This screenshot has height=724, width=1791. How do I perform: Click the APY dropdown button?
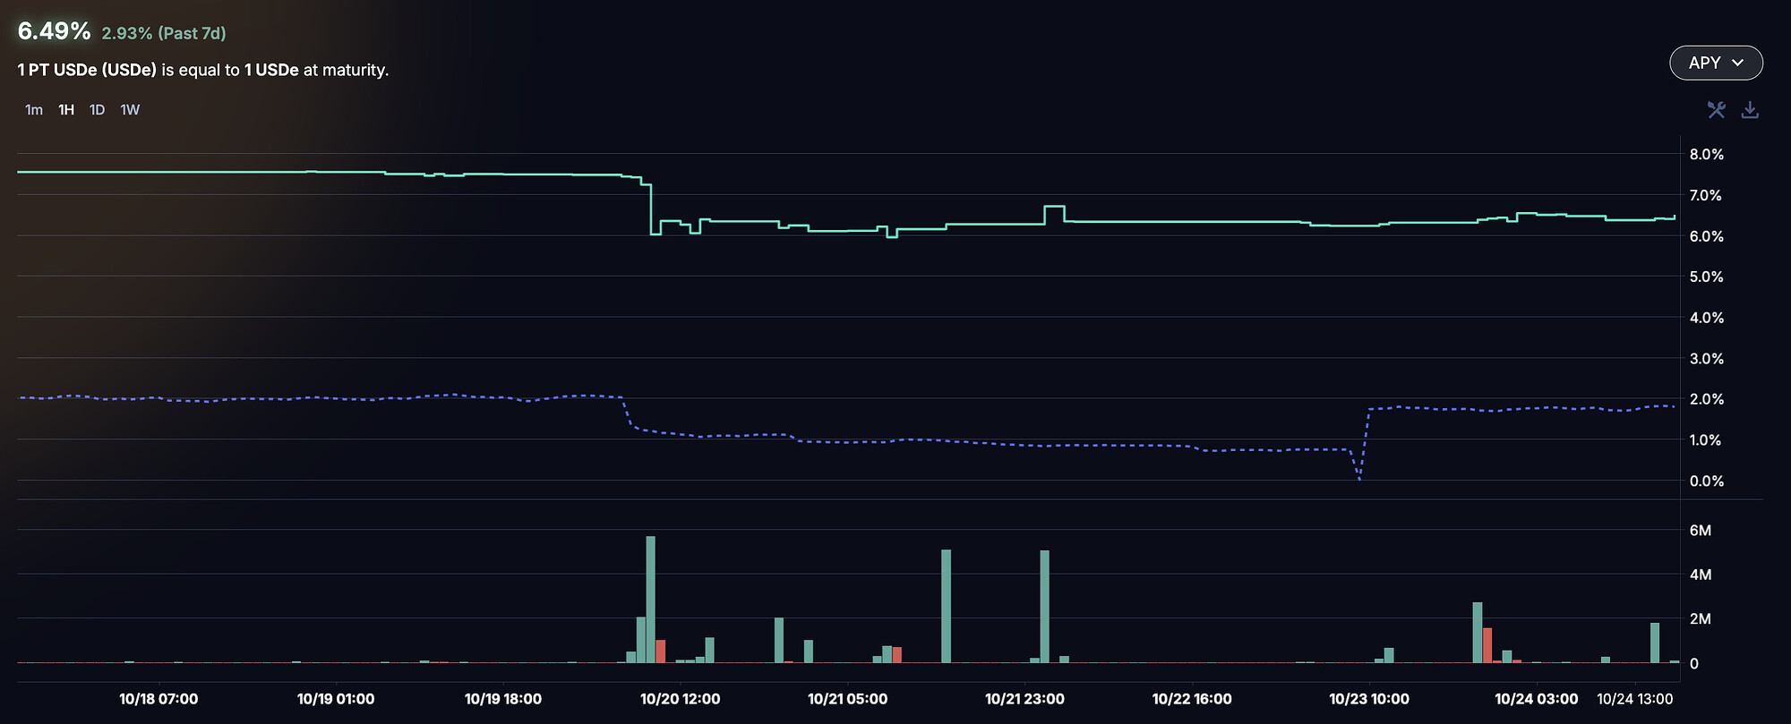click(1716, 63)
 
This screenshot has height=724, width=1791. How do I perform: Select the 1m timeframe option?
click(34, 110)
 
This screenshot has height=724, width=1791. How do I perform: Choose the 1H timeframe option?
click(66, 110)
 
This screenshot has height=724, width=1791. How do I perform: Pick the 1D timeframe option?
click(97, 110)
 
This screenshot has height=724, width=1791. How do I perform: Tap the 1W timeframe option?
click(130, 110)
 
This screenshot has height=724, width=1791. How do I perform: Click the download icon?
click(1750, 110)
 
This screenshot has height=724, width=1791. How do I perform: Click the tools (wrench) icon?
click(1716, 110)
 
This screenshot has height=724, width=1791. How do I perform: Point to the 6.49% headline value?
click(54, 31)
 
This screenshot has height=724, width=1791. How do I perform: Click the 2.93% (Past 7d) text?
click(164, 33)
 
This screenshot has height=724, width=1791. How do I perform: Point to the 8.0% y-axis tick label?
click(1706, 154)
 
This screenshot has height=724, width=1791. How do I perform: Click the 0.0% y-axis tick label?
click(1706, 481)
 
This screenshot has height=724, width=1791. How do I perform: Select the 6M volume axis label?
click(1700, 530)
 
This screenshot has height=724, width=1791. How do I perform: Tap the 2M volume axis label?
click(1700, 618)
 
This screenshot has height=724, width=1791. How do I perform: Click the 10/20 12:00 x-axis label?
click(680, 699)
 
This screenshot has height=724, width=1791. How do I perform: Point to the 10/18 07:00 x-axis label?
click(159, 699)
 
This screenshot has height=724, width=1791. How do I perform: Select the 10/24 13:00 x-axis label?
click(1634, 699)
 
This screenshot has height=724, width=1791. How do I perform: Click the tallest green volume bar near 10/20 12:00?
click(650, 600)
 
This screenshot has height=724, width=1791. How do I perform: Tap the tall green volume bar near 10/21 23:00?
click(1044, 607)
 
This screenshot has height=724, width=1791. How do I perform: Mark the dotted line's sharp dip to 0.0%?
click(1359, 478)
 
